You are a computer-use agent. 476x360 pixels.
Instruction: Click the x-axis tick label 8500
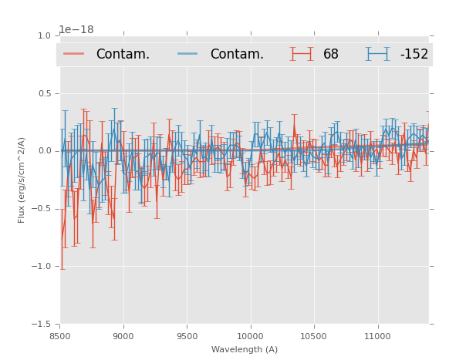[60, 336]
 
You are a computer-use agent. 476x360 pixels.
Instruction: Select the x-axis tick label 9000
[123, 336]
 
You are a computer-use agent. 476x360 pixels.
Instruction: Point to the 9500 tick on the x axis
[187, 336]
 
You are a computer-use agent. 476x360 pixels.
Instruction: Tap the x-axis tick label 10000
[250, 336]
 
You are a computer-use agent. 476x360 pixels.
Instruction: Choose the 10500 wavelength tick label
[313, 336]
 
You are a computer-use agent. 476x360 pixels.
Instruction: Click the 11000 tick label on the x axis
[377, 336]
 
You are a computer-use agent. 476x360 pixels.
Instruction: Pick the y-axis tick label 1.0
[44, 35]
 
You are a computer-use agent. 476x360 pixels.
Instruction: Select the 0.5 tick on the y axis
[44, 93]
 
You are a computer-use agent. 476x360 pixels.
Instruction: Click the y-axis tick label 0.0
[44, 151]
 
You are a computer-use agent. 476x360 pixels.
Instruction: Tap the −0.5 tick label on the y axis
[42, 209]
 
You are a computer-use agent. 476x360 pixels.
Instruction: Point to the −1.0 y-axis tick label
[42, 267]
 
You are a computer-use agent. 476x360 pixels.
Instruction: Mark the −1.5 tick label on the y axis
[42, 325]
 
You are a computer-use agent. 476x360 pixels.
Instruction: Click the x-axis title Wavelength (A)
[245, 349]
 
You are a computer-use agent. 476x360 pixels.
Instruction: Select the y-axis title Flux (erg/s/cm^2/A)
[22, 180]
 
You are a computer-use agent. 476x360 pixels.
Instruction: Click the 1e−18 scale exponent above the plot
[76, 29]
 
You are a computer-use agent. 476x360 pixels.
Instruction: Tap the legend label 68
[331, 54]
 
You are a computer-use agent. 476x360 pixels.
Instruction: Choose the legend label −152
[414, 54]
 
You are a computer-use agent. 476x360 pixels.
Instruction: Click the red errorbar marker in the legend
[302, 54]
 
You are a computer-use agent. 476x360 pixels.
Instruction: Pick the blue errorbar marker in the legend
[377, 54]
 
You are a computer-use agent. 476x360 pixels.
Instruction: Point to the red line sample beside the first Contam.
[74, 54]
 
